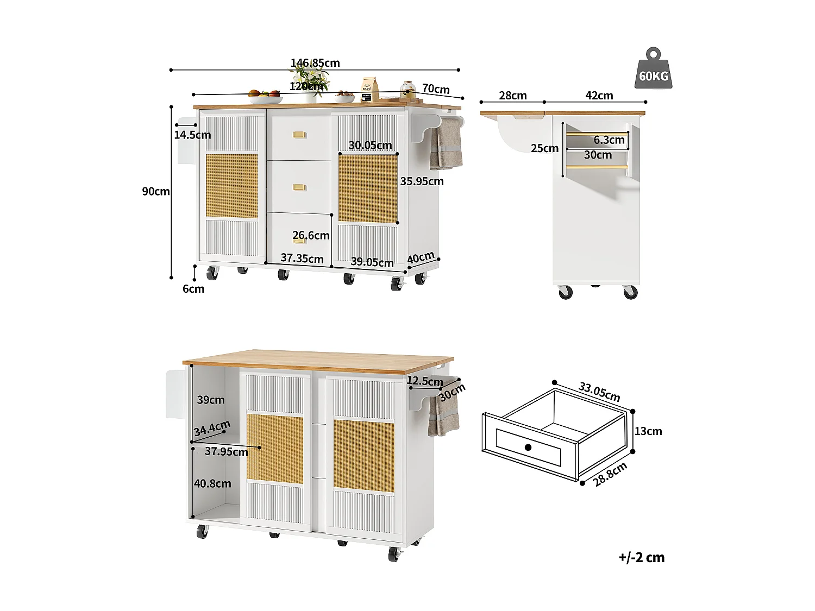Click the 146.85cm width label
[315, 63]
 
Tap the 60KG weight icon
[653, 70]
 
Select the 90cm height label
[156, 191]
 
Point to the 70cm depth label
[436, 89]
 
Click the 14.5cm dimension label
[192, 135]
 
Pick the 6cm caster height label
[193, 289]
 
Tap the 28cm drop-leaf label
[513, 96]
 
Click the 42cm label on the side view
[599, 96]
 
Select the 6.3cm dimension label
[609, 140]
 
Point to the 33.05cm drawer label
[599, 392]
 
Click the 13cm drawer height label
[648, 431]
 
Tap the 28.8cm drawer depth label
[610, 474]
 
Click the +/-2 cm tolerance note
[641, 557]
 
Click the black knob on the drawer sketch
[528, 447]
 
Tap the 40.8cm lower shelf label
[212, 483]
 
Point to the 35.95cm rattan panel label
[422, 181]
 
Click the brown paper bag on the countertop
[370, 89]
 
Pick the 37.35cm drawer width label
[302, 259]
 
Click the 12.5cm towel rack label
[424, 381]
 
